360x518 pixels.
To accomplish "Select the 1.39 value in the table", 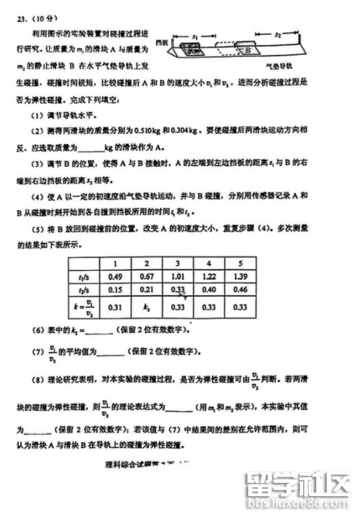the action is tap(239, 277).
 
